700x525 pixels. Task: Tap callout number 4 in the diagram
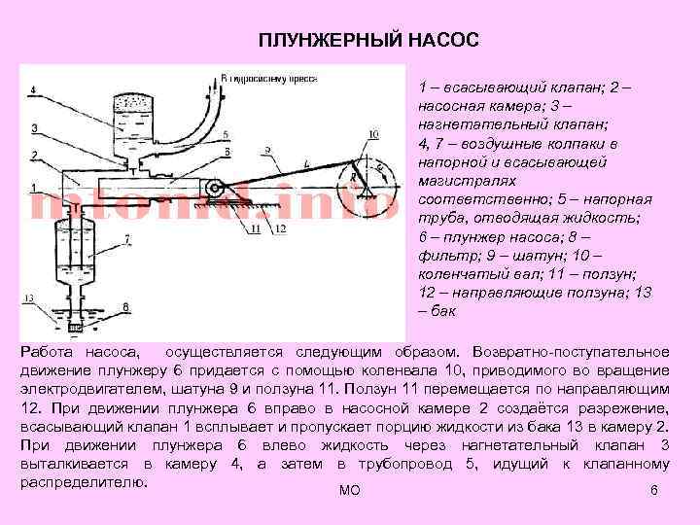tap(32, 90)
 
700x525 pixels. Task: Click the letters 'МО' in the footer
tap(349, 491)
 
